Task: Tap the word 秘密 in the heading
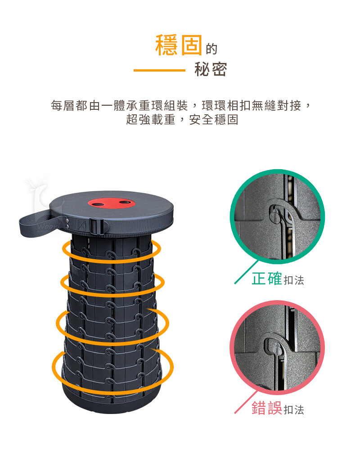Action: (211, 69)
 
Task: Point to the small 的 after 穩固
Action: (211, 49)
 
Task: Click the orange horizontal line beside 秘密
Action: (159, 70)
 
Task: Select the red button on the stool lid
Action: (111, 203)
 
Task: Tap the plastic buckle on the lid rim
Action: (97, 226)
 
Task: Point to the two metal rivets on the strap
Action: (67, 224)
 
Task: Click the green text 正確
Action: (267, 279)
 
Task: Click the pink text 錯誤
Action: (267, 408)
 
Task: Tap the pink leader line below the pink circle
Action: (246, 402)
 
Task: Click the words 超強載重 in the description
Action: (151, 119)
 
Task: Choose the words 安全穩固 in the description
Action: (214, 119)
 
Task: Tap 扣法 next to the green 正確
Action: (294, 280)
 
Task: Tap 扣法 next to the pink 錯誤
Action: (294, 409)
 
